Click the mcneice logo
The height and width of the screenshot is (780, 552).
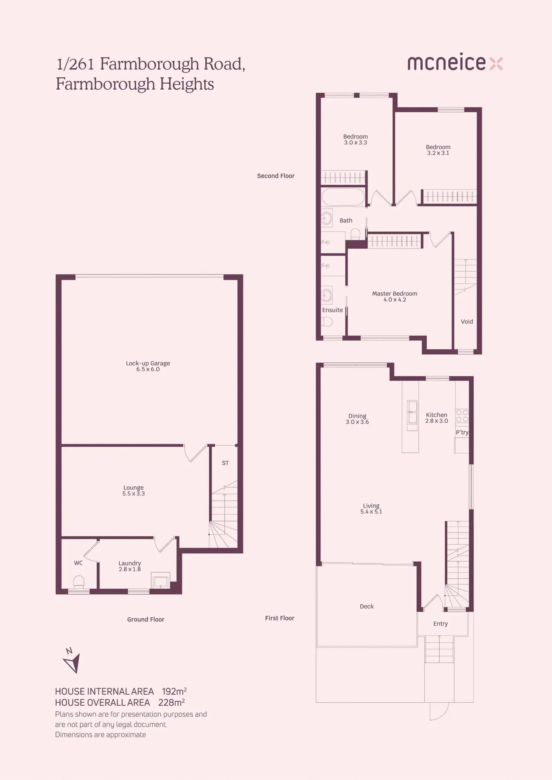point(455,62)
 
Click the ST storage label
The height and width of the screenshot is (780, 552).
point(225,463)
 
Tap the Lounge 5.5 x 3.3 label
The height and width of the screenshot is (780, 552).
point(134,491)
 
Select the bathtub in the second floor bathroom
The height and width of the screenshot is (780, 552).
point(343,197)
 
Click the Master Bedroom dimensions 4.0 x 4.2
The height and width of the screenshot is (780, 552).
point(395,300)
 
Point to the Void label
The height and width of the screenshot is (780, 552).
point(467,321)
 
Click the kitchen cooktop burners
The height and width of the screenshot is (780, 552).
point(462,416)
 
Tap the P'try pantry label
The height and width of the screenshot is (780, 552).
point(462,433)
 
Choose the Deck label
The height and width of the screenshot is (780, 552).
point(366,606)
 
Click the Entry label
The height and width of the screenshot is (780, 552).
point(440,624)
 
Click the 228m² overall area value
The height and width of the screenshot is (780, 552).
point(171,702)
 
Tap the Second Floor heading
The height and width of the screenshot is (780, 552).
point(276,176)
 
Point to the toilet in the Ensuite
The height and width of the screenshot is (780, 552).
point(327,321)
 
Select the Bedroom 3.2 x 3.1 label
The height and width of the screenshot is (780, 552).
point(438,150)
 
